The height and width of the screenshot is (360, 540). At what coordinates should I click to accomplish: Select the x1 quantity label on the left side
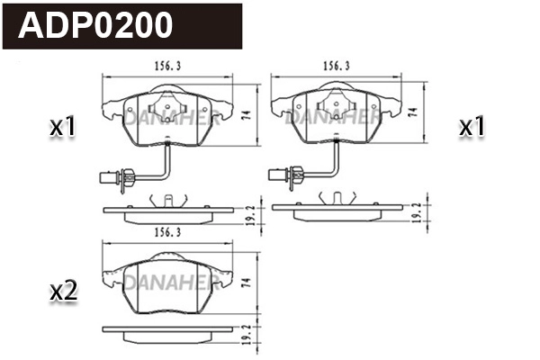coord(62,129)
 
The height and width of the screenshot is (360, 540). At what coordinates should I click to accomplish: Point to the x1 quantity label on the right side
coord(472,129)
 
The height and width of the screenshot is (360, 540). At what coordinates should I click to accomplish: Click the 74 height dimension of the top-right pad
coord(412,112)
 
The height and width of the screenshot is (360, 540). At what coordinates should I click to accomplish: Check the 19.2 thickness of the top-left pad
coord(252,213)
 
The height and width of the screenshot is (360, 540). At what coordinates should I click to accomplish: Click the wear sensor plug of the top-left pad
coord(104,178)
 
